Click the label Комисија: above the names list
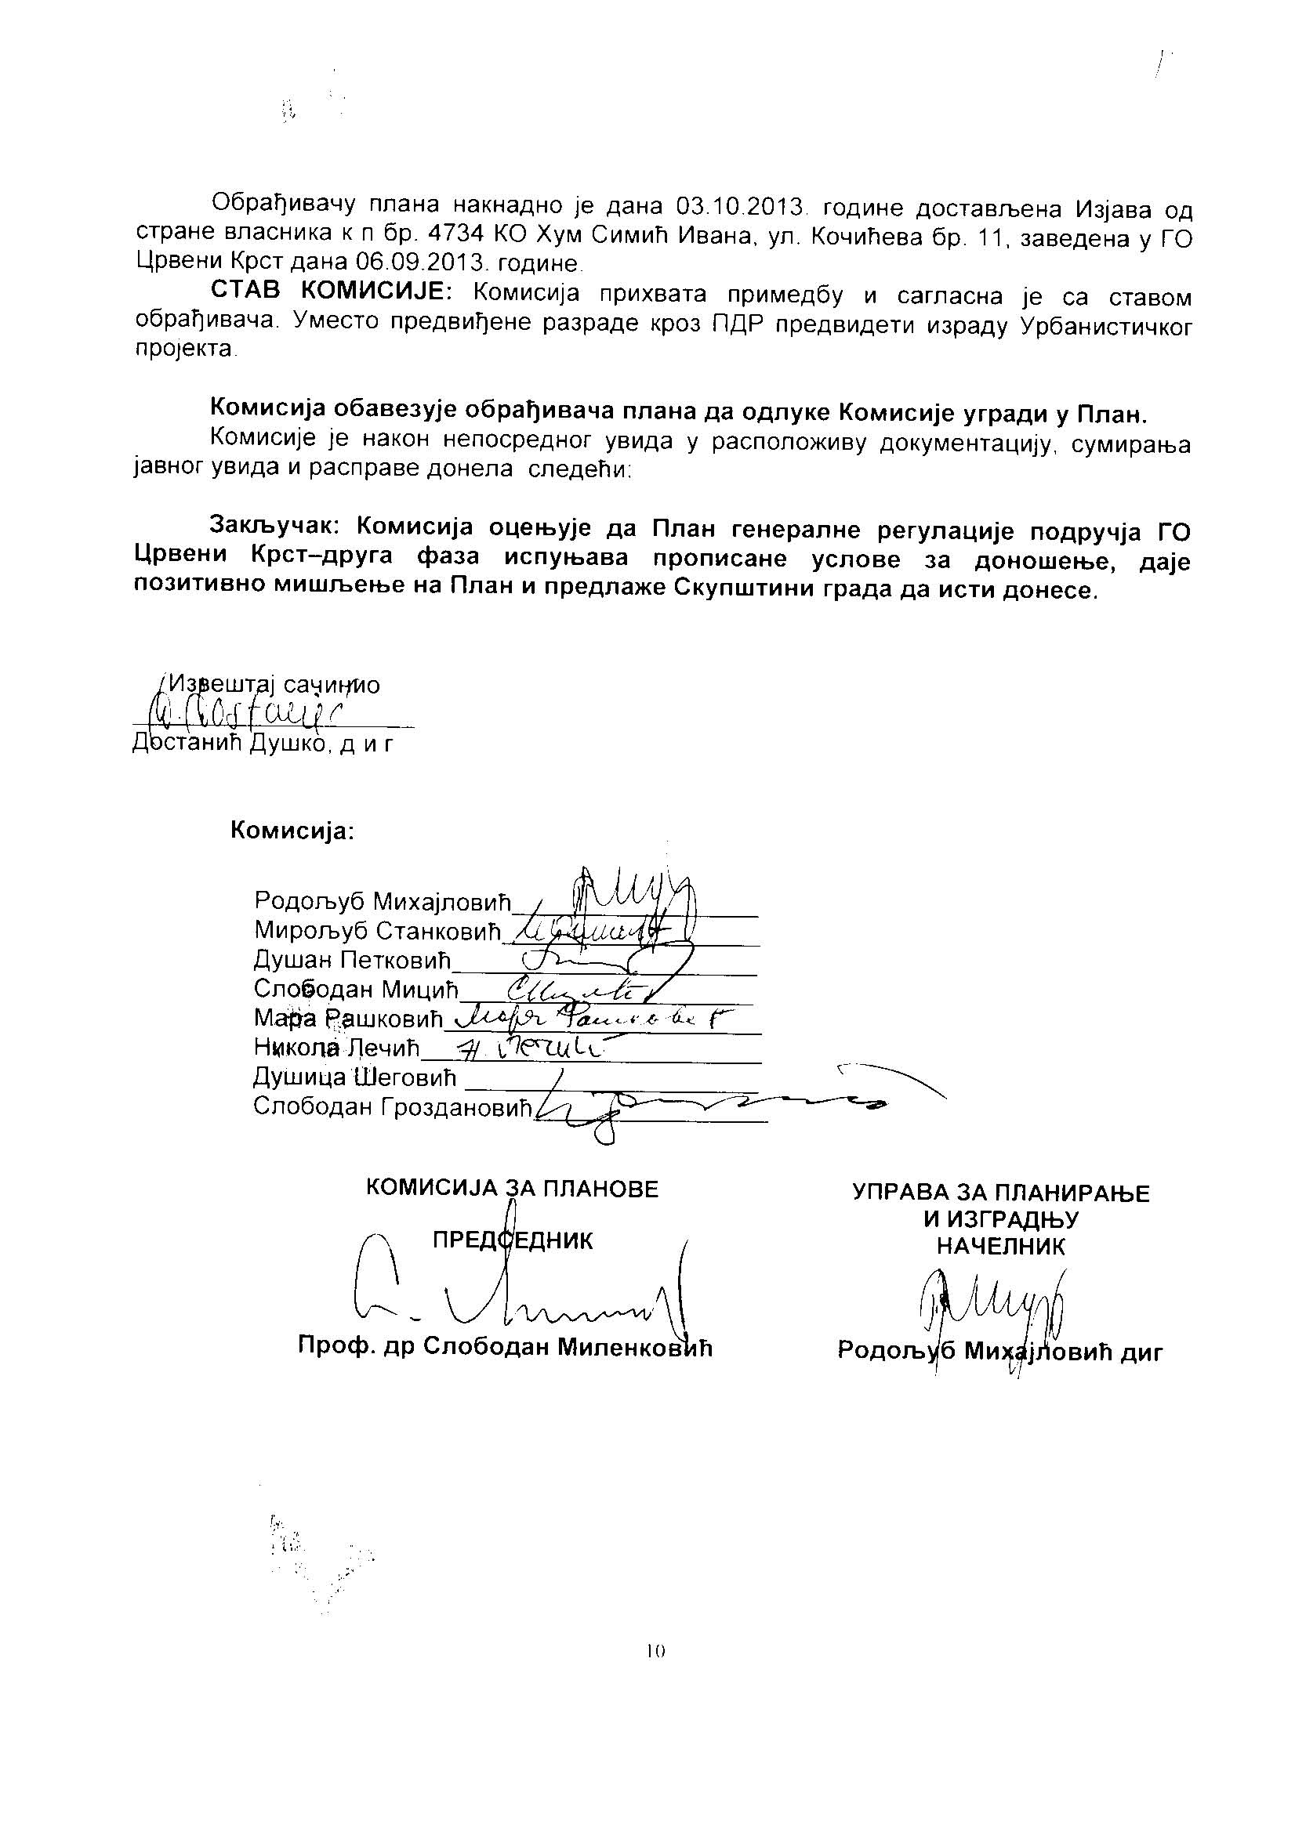click(292, 831)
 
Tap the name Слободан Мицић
click(356, 990)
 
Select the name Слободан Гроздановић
click(392, 1108)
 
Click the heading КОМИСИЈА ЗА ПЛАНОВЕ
click(512, 1189)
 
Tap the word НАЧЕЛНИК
click(1000, 1247)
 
